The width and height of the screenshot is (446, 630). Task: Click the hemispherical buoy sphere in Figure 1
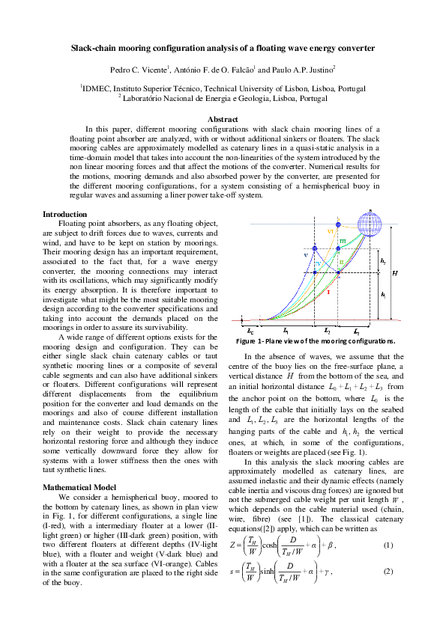click(370, 224)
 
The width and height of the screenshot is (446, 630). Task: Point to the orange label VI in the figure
click(330, 232)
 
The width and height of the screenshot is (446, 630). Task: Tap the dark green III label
click(343, 241)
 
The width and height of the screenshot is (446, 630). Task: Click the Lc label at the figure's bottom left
click(250, 328)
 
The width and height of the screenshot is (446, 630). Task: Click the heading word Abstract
click(223, 119)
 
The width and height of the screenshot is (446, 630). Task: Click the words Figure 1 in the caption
click(263, 340)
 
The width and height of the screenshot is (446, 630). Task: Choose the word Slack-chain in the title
click(94, 48)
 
